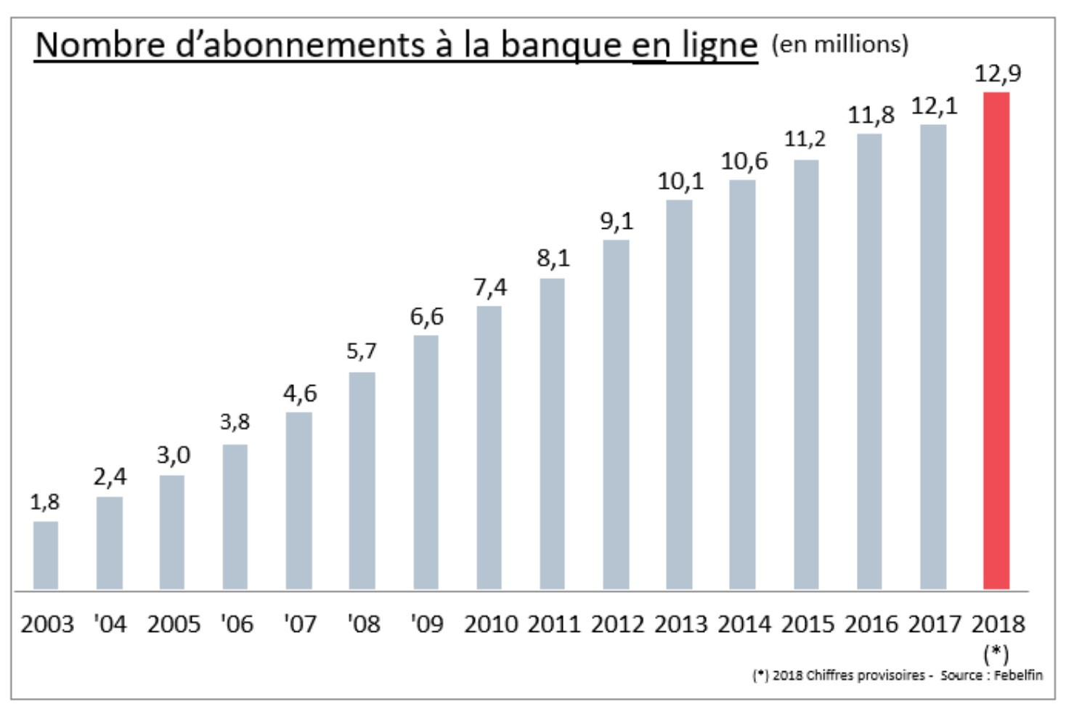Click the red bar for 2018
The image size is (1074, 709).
[996, 341]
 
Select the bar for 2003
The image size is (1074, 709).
[46, 555]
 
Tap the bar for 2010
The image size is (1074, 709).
[489, 447]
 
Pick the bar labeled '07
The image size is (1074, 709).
[298, 501]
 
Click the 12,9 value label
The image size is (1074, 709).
[997, 73]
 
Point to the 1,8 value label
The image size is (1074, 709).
[45, 502]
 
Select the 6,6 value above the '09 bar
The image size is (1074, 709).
[426, 317]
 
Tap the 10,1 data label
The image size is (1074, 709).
[680, 182]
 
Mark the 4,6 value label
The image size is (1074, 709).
[300, 394]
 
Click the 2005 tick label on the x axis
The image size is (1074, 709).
[174, 624]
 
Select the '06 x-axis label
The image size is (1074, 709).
[237, 624]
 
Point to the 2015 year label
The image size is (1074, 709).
[807, 624]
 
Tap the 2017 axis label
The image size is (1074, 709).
[935, 624]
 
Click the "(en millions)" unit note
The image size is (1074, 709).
[839, 44]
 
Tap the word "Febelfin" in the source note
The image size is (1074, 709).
[1020, 675]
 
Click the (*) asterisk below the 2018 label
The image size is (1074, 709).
[996, 654]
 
